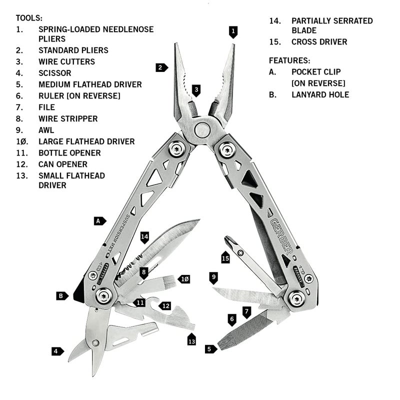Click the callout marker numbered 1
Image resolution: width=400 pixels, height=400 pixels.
pos(232,32)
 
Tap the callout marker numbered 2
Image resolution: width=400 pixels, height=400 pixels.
pos(161,67)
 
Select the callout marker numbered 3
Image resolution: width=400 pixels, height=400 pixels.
pos(196,90)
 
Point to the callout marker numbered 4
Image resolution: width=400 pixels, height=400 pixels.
pos(57,351)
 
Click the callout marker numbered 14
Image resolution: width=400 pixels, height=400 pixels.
pos(145,237)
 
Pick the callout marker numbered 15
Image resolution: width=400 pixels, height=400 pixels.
pos(225,257)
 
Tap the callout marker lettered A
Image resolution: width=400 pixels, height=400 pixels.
pos(100,220)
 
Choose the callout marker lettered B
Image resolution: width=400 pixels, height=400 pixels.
pos(62,295)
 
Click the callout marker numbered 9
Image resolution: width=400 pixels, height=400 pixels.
pos(213,276)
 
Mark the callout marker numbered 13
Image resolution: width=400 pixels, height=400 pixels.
pos(191,340)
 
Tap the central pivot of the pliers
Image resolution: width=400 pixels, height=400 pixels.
pos(202,130)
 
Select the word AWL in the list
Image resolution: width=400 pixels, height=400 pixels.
pos(46,130)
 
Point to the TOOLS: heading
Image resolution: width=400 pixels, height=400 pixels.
pos(29,18)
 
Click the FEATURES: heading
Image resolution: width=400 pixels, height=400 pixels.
pos(289,60)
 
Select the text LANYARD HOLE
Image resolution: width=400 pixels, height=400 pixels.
pos(320,94)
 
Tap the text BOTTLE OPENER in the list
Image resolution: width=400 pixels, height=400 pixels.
pos(69,153)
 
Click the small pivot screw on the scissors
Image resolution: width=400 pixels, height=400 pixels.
pos(94,343)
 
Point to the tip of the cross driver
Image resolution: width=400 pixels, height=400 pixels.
pos(228,238)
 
